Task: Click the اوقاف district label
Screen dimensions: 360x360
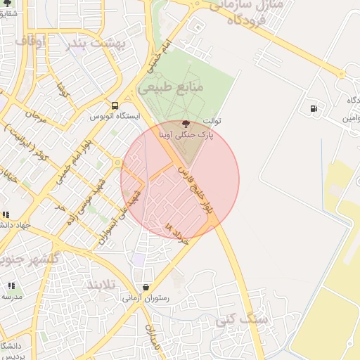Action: pyautogui.click(x=30, y=42)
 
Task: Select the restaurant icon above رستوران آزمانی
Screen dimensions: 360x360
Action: pyautogui.click(x=146, y=287)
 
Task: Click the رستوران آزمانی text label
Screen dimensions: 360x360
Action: pyautogui.click(x=145, y=298)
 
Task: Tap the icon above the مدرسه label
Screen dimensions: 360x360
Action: pyautogui.click(x=11, y=285)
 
